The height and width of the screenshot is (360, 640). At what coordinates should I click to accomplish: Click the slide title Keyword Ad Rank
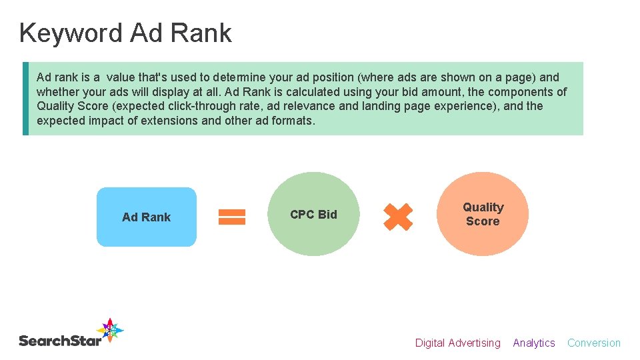pos(125,33)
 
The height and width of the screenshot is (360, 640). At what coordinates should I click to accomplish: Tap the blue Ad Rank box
pos(147,217)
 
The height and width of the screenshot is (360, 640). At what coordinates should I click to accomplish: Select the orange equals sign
pos(232,217)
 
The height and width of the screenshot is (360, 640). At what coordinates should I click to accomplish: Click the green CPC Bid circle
pos(313,214)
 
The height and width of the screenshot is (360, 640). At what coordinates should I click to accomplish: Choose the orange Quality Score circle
pos(483,214)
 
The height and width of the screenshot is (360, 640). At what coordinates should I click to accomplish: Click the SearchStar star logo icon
pos(110,331)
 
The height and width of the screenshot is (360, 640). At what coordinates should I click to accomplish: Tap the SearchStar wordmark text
pos(60,341)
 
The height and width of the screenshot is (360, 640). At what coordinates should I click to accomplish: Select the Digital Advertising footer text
pos(457,343)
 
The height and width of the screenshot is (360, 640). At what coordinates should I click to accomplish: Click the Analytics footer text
pos(534,343)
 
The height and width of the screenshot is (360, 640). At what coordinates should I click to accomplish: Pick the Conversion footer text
pos(594,343)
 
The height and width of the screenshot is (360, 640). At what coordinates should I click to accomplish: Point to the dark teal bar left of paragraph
pos(25,99)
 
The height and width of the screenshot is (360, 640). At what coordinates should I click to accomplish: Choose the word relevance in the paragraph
pos(315,106)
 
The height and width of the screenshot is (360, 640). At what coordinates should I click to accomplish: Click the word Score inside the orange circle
pos(483,221)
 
